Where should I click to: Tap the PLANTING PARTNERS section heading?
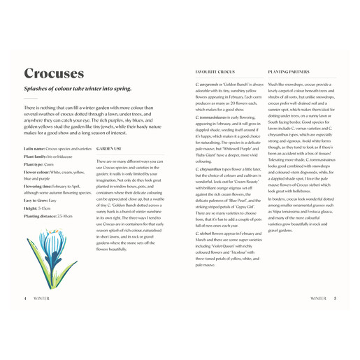289,73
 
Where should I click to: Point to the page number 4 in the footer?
25,298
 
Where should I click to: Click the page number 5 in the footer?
335,298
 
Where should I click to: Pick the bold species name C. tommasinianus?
214,117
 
